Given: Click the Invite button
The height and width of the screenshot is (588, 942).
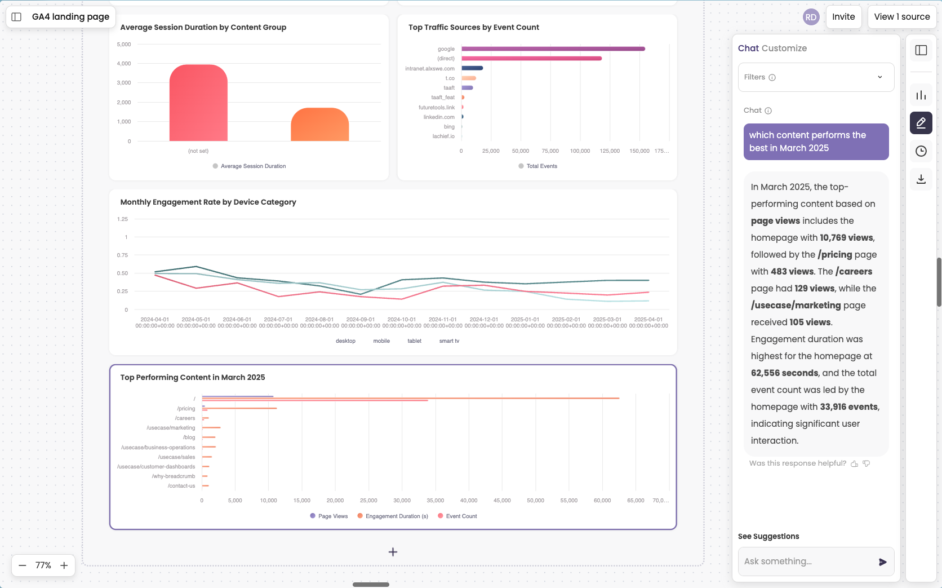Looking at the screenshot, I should tap(843, 17).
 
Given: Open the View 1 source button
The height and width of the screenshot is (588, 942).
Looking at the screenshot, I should tap(901, 17).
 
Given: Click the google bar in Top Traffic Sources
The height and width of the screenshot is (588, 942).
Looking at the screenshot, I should tap(553, 49).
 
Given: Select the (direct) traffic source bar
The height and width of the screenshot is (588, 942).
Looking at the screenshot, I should tap(531, 59).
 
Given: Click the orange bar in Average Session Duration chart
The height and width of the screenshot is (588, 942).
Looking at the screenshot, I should tap(319, 125).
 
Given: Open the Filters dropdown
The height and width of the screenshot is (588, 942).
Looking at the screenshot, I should tap(815, 77).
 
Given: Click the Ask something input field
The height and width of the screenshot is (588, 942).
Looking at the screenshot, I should tap(806, 562).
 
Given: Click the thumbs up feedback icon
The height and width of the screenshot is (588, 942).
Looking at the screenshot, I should tap(855, 463).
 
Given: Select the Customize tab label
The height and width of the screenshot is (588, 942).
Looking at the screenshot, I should tap(784, 48).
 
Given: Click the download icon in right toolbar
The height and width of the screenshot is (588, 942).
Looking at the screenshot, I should tap(921, 179).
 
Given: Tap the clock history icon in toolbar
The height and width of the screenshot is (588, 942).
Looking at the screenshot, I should tap(921, 151).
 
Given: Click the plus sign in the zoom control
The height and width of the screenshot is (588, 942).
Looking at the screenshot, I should tap(64, 565).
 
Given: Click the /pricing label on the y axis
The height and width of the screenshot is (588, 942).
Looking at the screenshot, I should tap(186, 409).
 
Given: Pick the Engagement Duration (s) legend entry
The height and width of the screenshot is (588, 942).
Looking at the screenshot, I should tap(396, 516).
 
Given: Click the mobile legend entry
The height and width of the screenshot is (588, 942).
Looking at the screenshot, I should tap(381, 341).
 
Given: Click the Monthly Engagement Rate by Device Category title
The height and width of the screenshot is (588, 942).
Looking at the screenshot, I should tap(208, 202).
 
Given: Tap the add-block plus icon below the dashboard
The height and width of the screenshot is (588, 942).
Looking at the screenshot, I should tap(393, 552).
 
